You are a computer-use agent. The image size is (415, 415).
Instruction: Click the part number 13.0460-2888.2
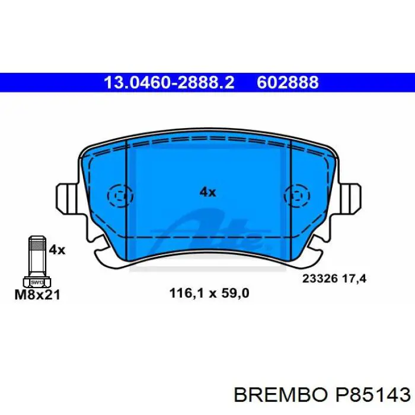[x=169, y=82]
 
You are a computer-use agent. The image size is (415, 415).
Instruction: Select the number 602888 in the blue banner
[x=288, y=82]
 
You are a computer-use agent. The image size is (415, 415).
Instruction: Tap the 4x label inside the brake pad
[x=207, y=192]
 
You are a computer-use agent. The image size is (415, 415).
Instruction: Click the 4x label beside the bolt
[x=57, y=250]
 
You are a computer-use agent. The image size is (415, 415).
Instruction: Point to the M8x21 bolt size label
[x=37, y=295]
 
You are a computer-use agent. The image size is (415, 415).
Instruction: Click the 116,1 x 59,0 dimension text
[x=209, y=293]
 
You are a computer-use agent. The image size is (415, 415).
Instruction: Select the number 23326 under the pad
[x=320, y=279]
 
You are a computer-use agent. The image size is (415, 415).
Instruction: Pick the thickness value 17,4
[x=354, y=279]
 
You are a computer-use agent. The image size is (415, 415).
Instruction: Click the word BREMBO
[x=280, y=395]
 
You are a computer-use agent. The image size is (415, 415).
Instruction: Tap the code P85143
[x=373, y=395]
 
